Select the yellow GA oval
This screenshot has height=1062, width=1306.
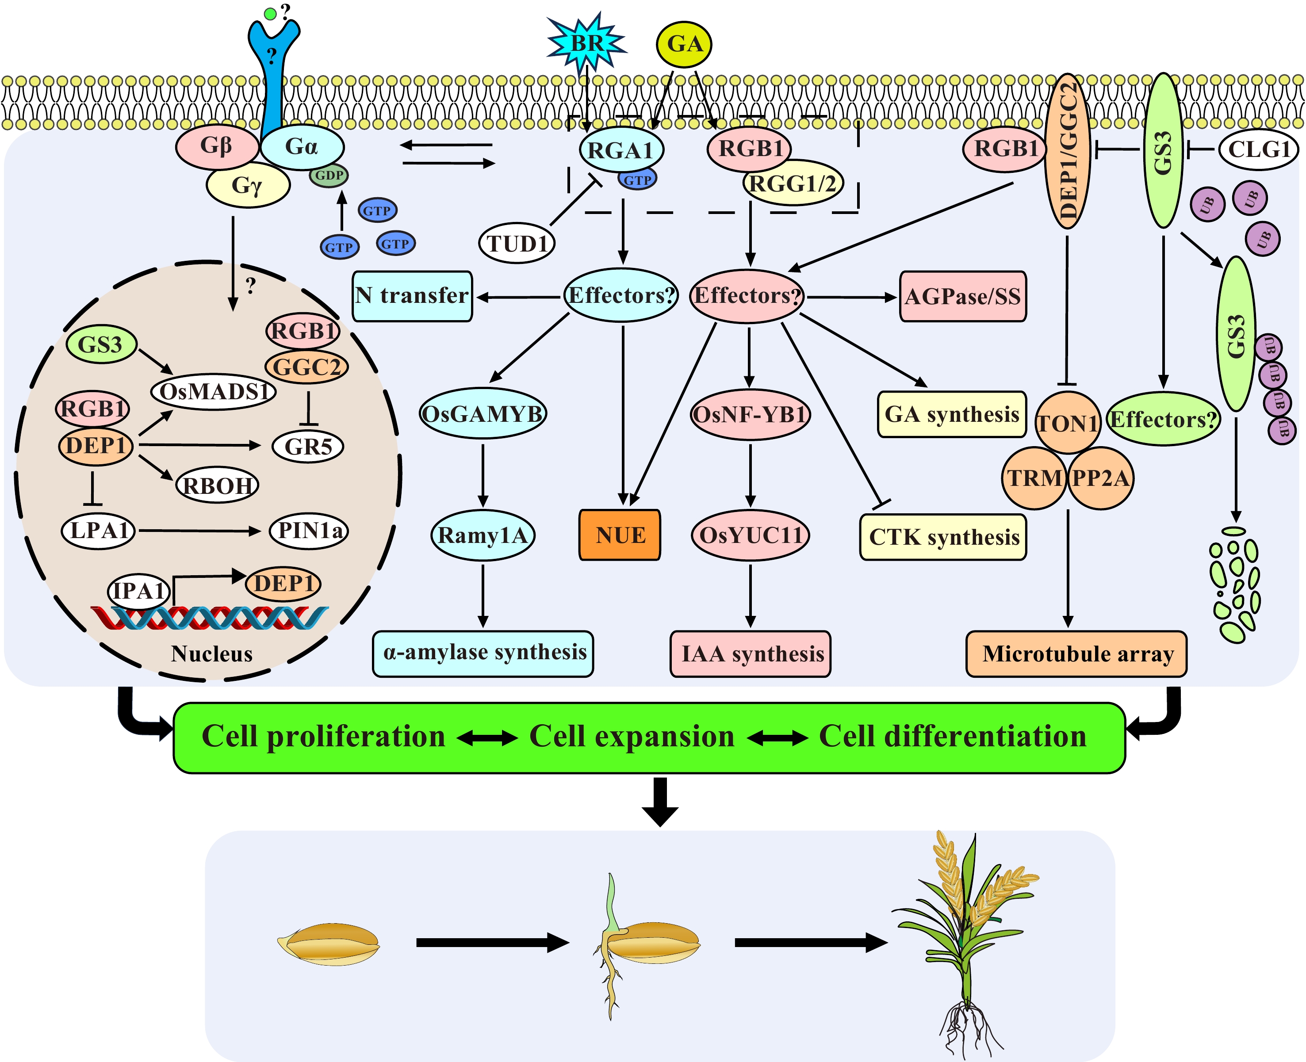coord(684,44)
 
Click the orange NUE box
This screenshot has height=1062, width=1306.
coord(620,535)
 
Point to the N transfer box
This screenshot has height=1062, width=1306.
coord(412,296)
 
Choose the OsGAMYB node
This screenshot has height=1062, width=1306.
coord(483,414)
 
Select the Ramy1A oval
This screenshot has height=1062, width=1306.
coord(483,535)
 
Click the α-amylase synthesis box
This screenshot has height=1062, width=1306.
coord(483,653)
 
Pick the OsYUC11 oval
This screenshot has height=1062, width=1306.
coord(751,535)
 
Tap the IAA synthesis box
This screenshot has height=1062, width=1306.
coord(751,654)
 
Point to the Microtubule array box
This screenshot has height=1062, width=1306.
coord(1076,654)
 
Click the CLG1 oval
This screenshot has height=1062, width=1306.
coord(1258,149)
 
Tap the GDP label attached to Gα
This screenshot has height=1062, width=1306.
coord(329,176)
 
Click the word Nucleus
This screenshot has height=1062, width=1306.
coord(212,653)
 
